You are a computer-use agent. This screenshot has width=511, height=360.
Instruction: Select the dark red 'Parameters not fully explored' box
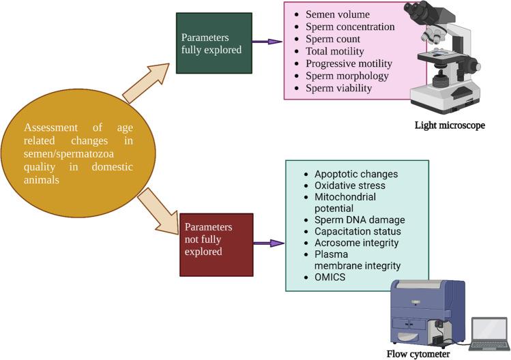point(207,244)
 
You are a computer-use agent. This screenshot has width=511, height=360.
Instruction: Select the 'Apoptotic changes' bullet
point(355,174)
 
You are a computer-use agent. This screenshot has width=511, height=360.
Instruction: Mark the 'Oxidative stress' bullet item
point(350,185)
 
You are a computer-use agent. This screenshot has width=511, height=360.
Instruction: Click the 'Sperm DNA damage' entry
point(360,220)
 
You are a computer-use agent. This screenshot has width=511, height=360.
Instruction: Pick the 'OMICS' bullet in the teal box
point(330,277)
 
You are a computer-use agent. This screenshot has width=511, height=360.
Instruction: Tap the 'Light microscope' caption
point(450,125)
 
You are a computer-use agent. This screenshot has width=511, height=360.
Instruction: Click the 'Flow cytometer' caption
point(418,353)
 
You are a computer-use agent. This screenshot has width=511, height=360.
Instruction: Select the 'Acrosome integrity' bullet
point(357,243)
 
